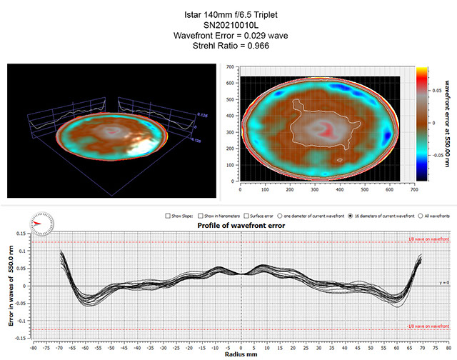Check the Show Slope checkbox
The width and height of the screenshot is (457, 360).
pyautogui.click(x=166, y=215)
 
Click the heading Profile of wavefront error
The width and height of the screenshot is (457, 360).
pyautogui.click(x=241, y=226)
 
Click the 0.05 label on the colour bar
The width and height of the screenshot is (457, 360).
pyautogui.click(x=436, y=92)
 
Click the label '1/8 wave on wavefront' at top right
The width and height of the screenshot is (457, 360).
pyautogui.click(x=433, y=239)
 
